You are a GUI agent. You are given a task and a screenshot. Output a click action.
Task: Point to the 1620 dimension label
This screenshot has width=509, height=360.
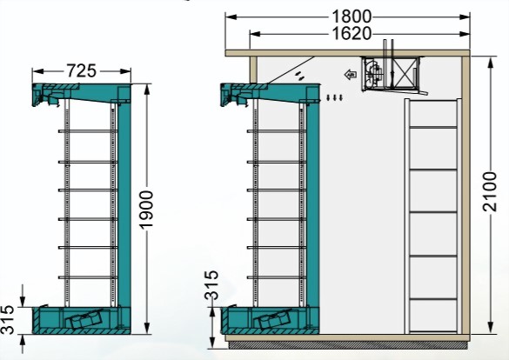coord(352,34)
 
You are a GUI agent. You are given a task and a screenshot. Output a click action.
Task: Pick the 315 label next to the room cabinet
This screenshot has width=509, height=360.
coord(211,286)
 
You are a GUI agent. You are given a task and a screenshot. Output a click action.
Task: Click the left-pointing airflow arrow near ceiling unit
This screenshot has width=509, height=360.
coord(352,75)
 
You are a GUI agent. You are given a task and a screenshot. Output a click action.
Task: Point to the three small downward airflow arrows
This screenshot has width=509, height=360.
coord(334,97)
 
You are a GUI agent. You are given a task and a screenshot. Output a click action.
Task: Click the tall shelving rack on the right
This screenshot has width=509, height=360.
coord(432,213)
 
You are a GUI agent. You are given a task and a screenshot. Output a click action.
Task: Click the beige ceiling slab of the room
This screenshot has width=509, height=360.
coord(348,52)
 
